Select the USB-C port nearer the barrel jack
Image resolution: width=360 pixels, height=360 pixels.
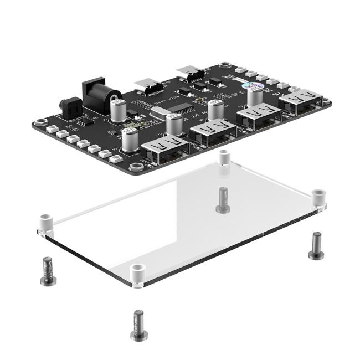coord(148,86)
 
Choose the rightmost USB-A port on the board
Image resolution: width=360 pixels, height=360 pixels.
coord(301,102)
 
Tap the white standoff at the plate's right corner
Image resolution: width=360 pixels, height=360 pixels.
coord(318,198)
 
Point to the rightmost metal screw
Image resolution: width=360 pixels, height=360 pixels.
coord(316,245)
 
